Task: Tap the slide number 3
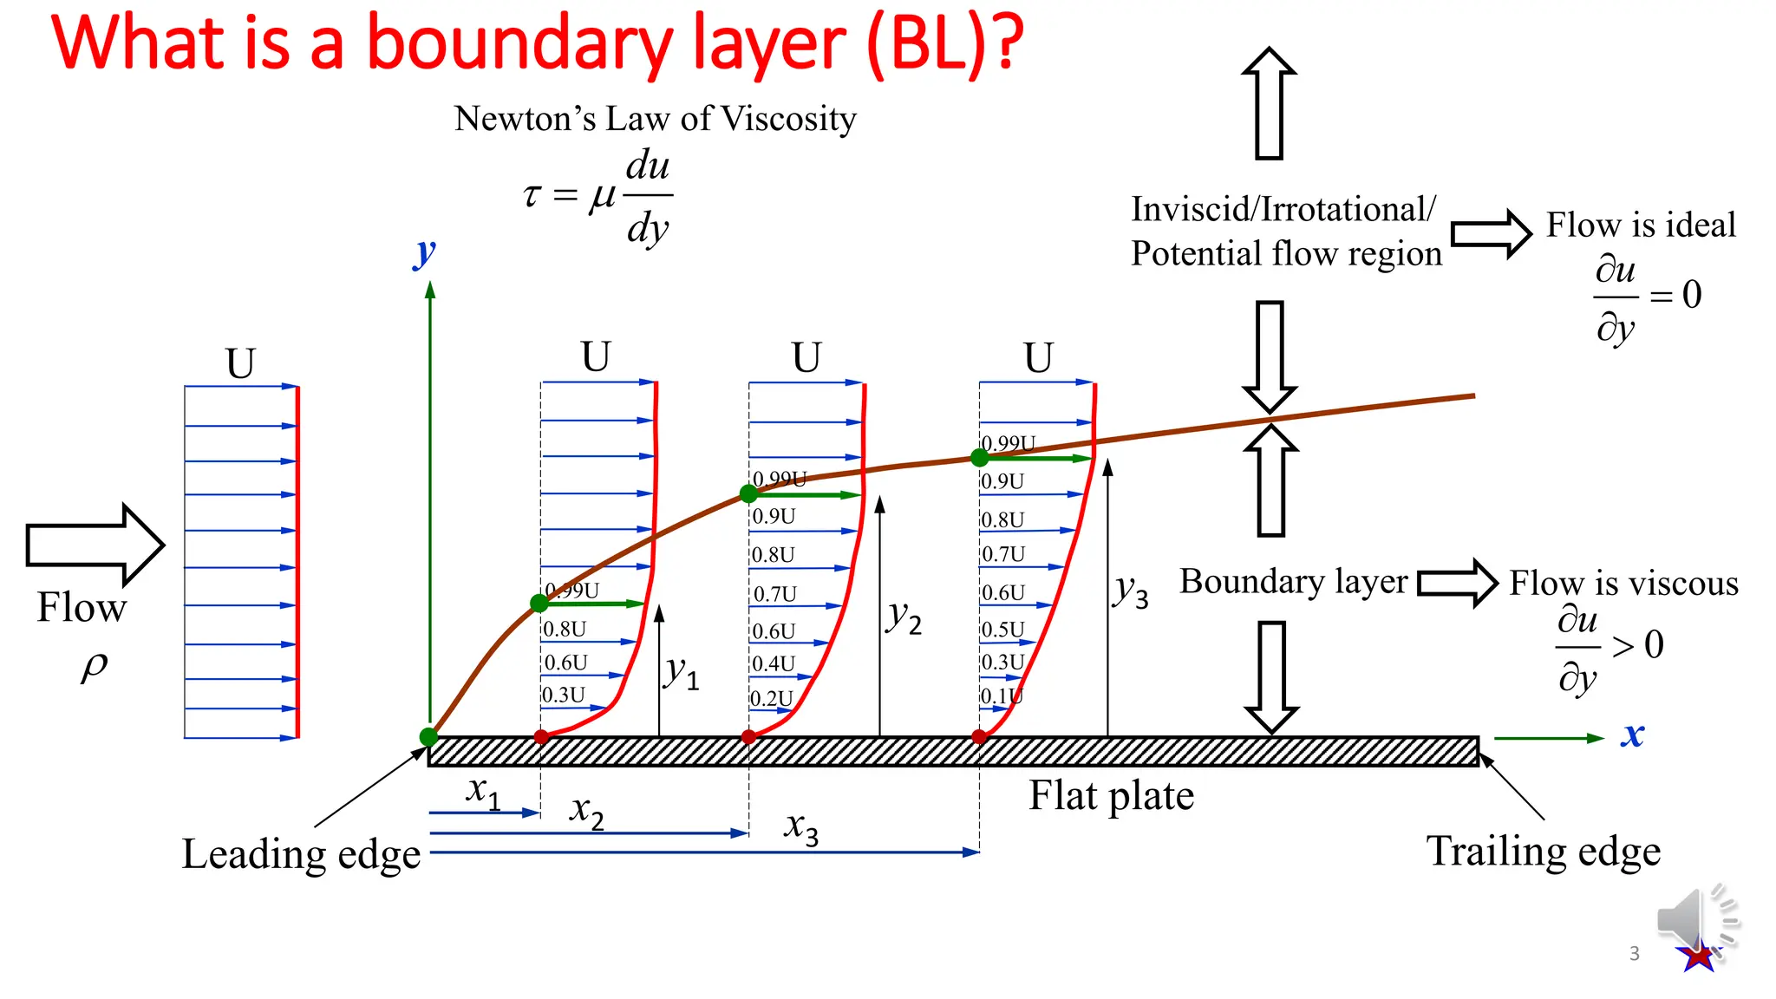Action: tap(1634, 954)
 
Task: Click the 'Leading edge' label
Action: tap(300, 854)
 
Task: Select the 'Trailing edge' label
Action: tap(1544, 851)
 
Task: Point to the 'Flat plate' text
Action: tap(1111, 795)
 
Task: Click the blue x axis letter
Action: tap(1632, 735)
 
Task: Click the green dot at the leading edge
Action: tap(428, 737)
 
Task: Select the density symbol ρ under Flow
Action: tap(95, 666)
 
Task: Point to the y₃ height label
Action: tap(1132, 591)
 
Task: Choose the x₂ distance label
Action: tap(586, 812)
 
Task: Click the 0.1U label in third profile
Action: tap(1002, 696)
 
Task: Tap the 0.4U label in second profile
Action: tap(773, 663)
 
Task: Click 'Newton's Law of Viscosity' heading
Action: tap(655, 119)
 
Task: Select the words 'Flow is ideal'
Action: tap(1641, 225)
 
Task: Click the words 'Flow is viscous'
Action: tap(1623, 583)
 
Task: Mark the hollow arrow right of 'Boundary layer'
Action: tap(1458, 583)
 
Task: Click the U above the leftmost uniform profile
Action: tap(240, 363)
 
